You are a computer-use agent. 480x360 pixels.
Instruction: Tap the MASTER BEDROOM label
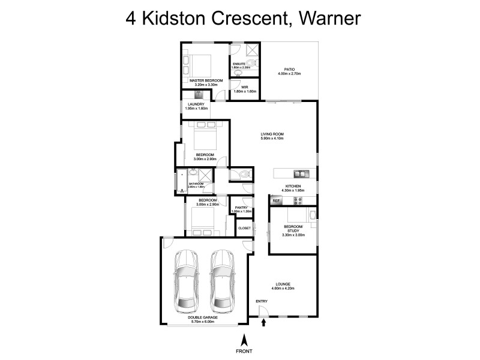click(206, 80)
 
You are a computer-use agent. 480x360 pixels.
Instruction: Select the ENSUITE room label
click(241, 64)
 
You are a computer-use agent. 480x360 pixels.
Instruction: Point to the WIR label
click(245, 87)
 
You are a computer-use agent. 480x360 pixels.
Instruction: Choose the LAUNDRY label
click(196, 104)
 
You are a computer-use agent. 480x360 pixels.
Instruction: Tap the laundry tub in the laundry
click(198, 94)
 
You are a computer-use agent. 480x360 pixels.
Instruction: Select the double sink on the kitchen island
click(300, 174)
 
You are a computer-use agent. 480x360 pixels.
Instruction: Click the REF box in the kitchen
click(277, 201)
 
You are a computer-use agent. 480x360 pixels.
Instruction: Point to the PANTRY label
click(241, 208)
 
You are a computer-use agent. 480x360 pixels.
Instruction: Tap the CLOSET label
click(244, 228)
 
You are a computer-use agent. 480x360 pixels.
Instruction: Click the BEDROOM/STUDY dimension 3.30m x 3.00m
click(293, 235)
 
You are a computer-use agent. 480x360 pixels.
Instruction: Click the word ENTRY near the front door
click(262, 301)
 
